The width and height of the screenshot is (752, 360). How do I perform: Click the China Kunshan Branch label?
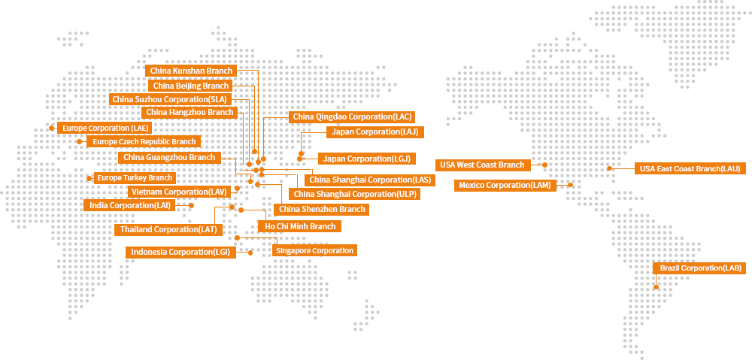[x=191, y=71]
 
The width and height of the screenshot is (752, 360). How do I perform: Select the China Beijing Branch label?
[x=191, y=86]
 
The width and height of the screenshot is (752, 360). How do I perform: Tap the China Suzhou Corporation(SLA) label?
[x=169, y=99]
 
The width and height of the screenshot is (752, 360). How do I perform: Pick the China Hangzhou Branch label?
[x=190, y=113]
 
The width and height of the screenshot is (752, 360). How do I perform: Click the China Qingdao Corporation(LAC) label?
[x=352, y=116]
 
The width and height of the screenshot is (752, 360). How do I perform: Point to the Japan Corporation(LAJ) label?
[x=375, y=132]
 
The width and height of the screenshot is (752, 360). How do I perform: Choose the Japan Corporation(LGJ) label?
[x=367, y=159]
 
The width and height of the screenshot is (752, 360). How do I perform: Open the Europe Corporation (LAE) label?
[x=105, y=128]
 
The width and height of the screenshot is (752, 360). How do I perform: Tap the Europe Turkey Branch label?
[x=135, y=178]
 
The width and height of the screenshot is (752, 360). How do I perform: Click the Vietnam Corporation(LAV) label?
[x=179, y=192]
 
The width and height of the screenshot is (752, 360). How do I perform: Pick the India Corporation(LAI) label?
[x=130, y=205]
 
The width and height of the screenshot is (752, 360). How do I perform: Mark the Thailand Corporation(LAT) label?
[x=168, y=228]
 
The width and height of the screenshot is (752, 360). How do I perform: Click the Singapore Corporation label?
[x=314, y=250]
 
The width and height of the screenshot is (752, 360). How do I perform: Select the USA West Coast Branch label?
[x=483, y=165]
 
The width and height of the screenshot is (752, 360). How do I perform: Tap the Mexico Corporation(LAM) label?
[x=505, y=185]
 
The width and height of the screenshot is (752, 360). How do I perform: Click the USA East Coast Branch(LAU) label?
[x=690, y=169]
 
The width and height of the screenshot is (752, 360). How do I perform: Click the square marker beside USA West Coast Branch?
[x=544, y=165]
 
